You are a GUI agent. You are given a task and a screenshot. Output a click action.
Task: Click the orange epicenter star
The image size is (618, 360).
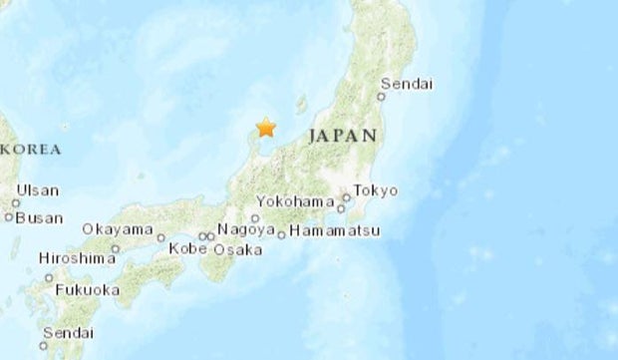265,127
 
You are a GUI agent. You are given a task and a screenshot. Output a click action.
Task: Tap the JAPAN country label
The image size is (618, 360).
343,136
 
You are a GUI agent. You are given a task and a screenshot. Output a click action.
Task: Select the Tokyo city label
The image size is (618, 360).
376,190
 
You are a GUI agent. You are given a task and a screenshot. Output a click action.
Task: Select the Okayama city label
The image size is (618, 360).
114,228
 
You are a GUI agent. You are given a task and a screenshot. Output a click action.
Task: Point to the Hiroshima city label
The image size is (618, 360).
77,257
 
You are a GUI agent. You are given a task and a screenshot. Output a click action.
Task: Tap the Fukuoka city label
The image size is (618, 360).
88,290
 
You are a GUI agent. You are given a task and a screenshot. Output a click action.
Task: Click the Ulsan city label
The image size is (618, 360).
37,190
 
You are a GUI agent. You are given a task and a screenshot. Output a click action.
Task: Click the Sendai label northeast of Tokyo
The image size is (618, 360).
408,84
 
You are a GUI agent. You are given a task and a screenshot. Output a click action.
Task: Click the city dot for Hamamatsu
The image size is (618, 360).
282,235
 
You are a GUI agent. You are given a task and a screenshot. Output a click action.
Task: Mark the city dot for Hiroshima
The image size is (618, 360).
116,248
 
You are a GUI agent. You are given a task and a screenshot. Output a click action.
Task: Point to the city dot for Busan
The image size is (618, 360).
9,215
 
